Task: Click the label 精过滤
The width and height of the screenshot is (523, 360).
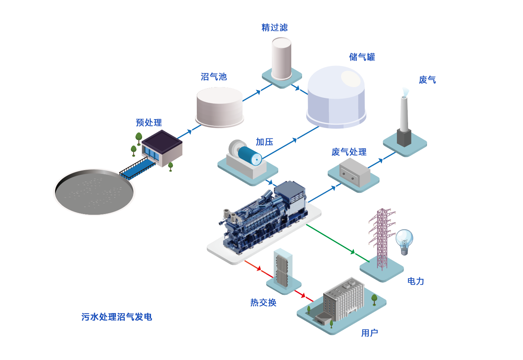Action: click(x=275, y=28)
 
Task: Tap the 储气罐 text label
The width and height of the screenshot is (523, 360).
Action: click(x=362, y=57)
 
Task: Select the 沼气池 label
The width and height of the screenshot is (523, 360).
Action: click(x=214, y=77)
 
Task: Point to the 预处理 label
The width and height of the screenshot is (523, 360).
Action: click(x=149, y=122)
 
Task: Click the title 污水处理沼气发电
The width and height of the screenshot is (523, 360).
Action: click(x=117, y=317)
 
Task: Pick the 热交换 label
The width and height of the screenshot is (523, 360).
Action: click(x=263, y=303)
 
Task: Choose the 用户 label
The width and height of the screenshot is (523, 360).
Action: click(x=369, y=333)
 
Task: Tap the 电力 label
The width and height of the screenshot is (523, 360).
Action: click(x=415, y=281)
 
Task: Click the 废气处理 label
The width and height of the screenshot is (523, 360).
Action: click(x=349, y=152)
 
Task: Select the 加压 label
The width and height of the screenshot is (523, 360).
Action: click(x=264, y=142)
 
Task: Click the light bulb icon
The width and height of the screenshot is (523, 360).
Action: click(x=404, y=240)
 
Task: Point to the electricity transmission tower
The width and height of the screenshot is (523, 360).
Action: click(x=382, y=238)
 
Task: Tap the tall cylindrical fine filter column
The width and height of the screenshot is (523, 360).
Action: click(x=281, y=59)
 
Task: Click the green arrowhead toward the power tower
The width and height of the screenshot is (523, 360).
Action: click(x=353, y=252)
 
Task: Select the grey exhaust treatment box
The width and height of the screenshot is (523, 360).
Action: click(x=354, y=172)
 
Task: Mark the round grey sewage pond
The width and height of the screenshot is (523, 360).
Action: click(x=94, y=192)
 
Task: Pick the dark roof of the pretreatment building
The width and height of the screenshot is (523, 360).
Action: click(x=162, y=141)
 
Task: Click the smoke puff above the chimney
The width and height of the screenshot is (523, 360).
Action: click(x=405, y=92)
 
